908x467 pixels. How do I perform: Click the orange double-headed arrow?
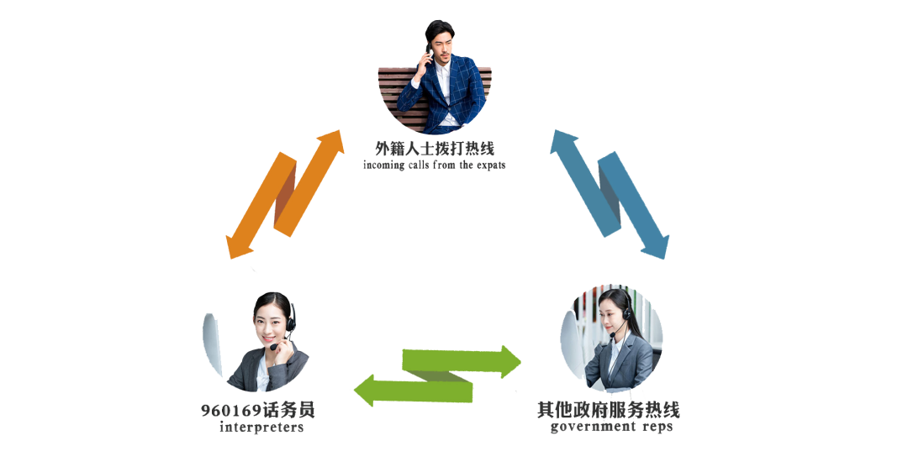pos(286,193)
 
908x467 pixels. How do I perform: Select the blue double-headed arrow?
pos(610,193)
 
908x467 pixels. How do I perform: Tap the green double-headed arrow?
pos(437,375)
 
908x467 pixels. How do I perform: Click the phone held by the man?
pos(429,56)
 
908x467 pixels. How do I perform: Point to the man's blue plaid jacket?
pos(458,97)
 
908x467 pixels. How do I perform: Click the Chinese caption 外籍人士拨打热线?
pos(435,150)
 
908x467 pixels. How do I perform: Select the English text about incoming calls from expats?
pos(435,165)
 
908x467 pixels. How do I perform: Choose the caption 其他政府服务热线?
pos(609,411)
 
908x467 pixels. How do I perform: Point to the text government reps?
pos(611,428)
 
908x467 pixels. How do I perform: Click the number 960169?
pos(231,411)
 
